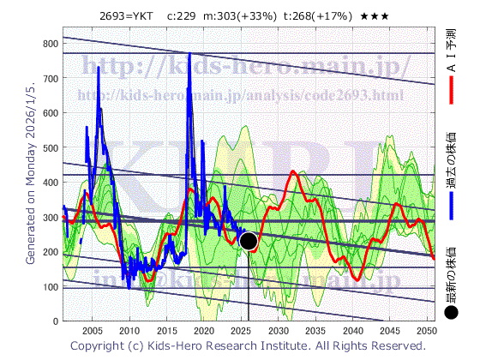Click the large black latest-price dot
[x=249, y=241]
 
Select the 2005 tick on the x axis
[x=92, y=331]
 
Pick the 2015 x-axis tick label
[x=166, y=331]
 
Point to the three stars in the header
[x=382, y=16]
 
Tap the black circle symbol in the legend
[x=452, y=313]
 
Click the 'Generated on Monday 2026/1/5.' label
[x=32, y=171]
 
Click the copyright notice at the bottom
[x=247, y=345]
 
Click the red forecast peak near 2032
[x=293, y=172]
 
